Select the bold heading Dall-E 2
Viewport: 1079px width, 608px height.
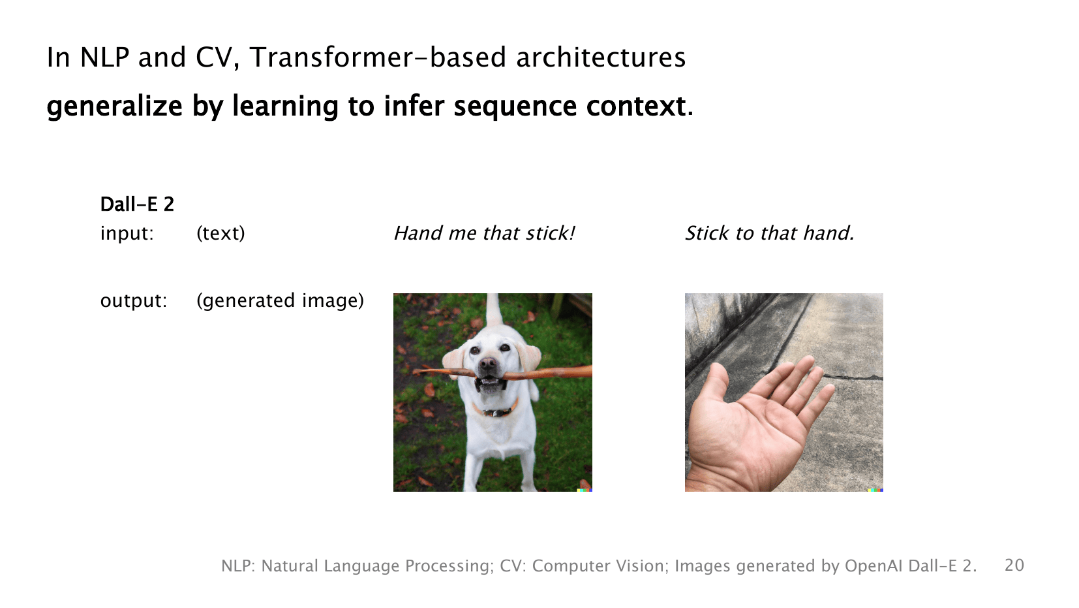point(137,204)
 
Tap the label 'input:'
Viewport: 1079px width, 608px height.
point(127,233)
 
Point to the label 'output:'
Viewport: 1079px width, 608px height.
point(134,301)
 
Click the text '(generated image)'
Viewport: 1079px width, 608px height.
point(280,301)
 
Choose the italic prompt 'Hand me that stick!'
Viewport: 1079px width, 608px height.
point(484,233)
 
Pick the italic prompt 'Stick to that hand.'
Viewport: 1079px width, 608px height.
point(770,233)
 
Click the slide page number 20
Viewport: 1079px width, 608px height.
point(1014,565)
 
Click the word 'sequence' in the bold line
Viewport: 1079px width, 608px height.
point(515,106)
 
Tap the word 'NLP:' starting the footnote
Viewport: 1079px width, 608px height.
point(238,566)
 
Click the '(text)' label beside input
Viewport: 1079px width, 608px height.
point(220,234)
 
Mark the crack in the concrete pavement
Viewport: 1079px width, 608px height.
point(853,377)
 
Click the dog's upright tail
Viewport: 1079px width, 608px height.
point(493,311)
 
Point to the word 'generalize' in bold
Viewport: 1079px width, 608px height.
point(115,106)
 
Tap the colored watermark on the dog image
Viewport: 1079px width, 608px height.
point(585,490)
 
